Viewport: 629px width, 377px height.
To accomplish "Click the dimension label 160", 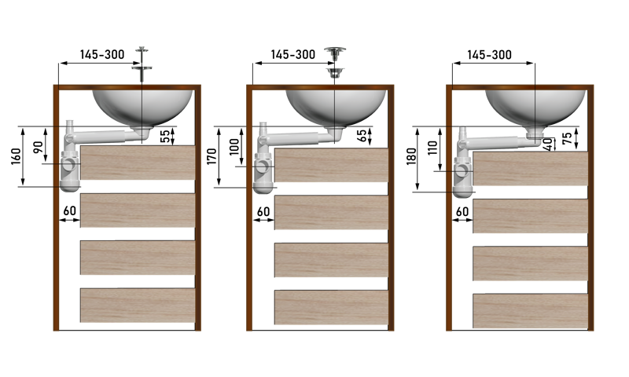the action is pos(16,156).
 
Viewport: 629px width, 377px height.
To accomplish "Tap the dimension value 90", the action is pos(39,147).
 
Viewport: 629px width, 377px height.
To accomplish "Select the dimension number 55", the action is pos(165,137).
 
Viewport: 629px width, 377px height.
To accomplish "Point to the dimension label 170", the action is pos(212,156).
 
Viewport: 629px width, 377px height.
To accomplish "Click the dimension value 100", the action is pos(234,146).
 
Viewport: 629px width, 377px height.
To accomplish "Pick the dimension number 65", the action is pos(362,136).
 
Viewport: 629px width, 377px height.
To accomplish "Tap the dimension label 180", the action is pos(411,156).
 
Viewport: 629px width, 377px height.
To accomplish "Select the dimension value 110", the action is pos(433,148).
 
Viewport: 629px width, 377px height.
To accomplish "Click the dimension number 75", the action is pos(567,138).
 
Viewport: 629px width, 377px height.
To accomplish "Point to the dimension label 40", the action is pos(547,145).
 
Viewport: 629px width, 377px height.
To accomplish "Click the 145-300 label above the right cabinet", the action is pos(489,55).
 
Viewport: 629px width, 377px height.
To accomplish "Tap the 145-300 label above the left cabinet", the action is pos(102,54).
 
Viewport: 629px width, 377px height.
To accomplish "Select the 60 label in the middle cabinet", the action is pos(263,211).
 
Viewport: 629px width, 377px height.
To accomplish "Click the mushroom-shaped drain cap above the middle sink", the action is pos(335,53).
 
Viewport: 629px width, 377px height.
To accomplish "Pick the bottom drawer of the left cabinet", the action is pos(138,306).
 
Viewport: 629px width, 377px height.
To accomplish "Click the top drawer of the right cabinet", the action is pos(530,168).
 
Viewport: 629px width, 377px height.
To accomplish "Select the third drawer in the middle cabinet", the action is pos(331,260).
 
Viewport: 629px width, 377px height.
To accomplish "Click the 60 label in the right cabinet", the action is pos(462,211).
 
